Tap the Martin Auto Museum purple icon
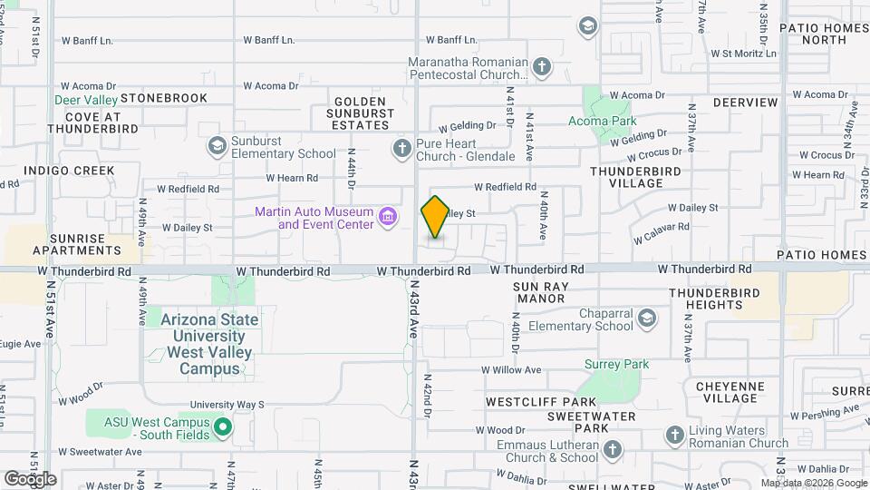pyautogui.click(x=389, y=216)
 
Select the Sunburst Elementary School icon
pyautogui.click(x=217, y=145)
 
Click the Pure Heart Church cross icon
pyautogui.click(x=402, y=147)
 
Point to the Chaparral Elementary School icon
pyautogui.click(x=647, y=318)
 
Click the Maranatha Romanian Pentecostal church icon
pyautogui.click(x=541, y=67)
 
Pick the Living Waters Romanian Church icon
pyautogui.click(x=674, y=436)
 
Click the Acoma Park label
pyautogui.click(x=602, y=121)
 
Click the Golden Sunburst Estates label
pyautogui.click(x=362, y=112)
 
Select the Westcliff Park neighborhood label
pyautogui.click(x=540, y=401)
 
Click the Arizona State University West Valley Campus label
pyautogui.click(x=208, y=344)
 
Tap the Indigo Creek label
pyautogui.click(x=69, y=171)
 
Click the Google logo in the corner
pyautogui.click(x=30, y=478)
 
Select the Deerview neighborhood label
pyautogui.click(x=745, y=103)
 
